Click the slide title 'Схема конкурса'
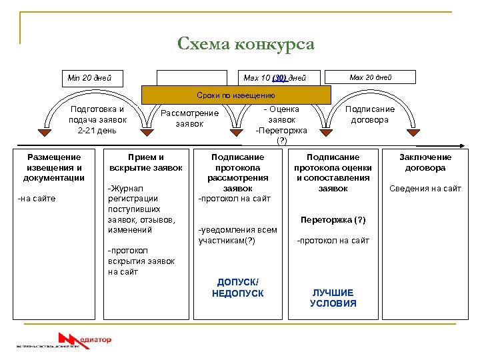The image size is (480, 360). [x=245, y=45]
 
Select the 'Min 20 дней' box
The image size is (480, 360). [x=89, y=78]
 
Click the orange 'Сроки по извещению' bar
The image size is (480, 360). [x=235, y=95]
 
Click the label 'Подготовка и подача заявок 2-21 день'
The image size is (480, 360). [x=97, y=119]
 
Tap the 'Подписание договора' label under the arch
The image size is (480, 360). [x=370, y=114]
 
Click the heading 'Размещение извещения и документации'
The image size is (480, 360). [x=54, y=167]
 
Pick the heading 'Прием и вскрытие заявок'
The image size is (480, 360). [x=145, y=162]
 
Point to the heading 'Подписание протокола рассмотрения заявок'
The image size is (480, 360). [x=237, y=172]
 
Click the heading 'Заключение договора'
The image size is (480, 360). [x=425, y=162]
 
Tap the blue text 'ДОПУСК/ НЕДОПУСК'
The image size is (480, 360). [x=237, y=288]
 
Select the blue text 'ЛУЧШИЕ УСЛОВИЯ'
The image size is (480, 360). [x=333, y=298]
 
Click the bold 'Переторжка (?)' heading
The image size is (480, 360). [x=333, y=220]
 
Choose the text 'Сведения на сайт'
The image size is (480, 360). [x=425, y=189]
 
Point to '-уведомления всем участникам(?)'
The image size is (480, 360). [x=237, y=235]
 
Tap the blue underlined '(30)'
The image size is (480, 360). [x=279, y=78]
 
